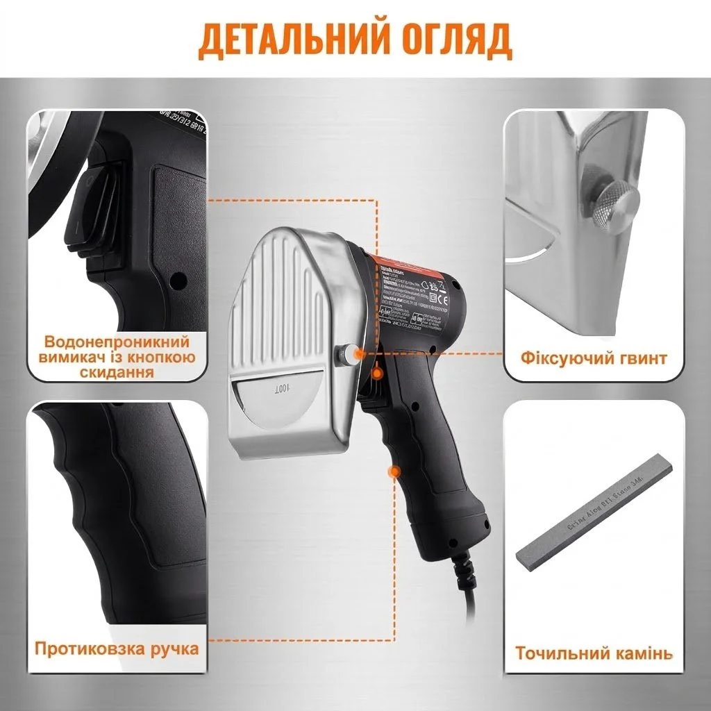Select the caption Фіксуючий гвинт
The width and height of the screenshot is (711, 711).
pyautogui.click(x=594, y=358)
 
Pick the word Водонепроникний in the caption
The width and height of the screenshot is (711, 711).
pyautogui.click(x=117, y=342)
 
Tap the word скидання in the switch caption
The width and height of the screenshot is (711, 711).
pyautogui.click(x=117, y=373)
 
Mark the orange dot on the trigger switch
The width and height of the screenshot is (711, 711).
pyautogui.click(x=377, y=375)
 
